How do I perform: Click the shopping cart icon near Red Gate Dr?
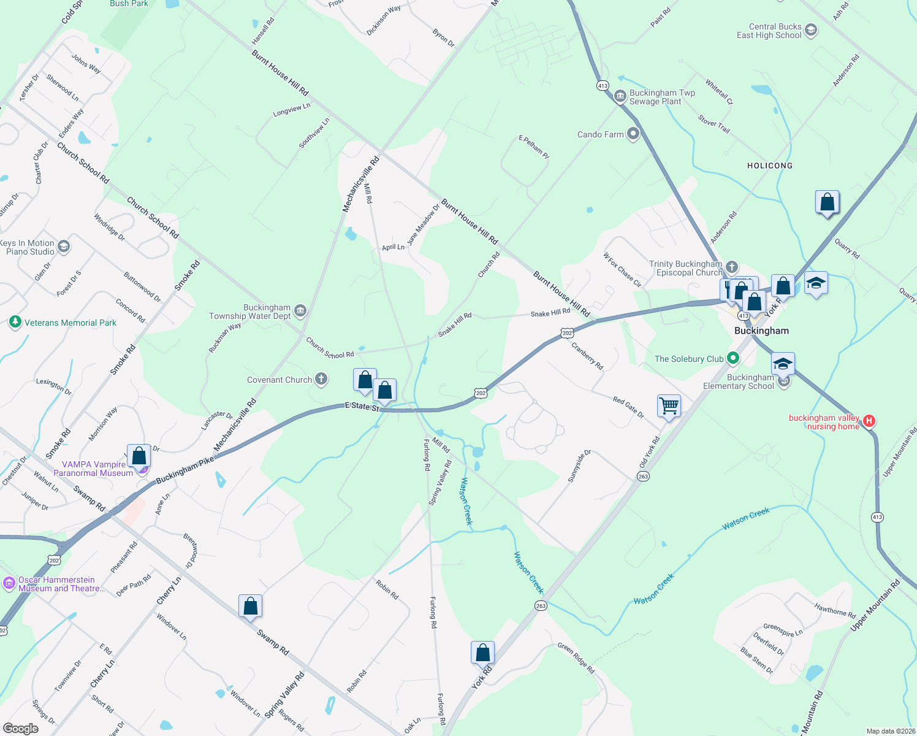coord(669,405)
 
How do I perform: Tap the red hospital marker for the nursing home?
coord(869,421)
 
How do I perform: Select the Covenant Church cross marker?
coord(321,379)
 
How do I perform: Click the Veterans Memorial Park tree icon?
coord(15,322)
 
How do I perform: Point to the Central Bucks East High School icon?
coord(811,31)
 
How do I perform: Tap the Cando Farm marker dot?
coord(633,134)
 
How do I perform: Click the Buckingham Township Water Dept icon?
coord(300,312)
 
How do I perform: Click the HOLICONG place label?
coord(769,166)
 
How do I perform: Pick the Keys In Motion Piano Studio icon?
coord(64,247)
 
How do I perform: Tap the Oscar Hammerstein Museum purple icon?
coord(9,583)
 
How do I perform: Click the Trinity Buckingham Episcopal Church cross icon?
coord(731,268)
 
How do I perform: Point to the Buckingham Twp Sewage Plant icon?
coord(620,97)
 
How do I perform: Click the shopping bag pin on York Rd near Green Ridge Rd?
coord(482,653)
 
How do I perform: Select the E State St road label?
coord(362,406)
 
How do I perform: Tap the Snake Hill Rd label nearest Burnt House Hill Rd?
coord(550,313)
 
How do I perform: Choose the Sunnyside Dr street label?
coord(579,466)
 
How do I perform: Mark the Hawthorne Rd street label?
coord(834,610)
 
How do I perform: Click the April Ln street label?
coord(393,247)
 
